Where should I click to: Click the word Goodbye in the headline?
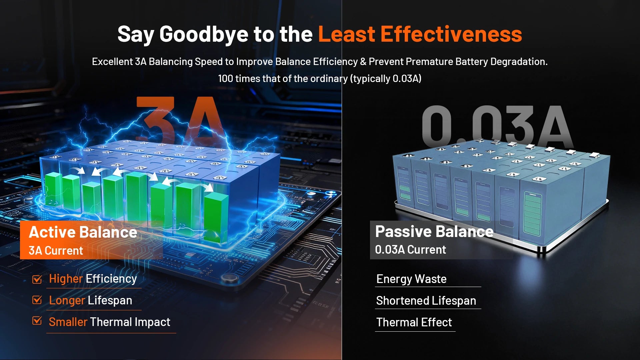tap(204, 35)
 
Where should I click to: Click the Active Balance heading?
tap(83, 232)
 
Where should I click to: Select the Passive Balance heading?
tap(434, 231)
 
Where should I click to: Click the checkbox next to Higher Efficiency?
tap(37, 279)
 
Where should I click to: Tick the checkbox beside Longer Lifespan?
tap(37, 300)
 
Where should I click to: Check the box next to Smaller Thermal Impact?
tap(37, 321)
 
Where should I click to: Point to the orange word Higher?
tap(66, 279)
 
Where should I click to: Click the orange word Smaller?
tap(68, 322)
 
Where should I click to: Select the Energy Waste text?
tap(411, 279)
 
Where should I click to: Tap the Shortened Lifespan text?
tap(426, 301)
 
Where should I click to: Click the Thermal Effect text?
tap(414, 322)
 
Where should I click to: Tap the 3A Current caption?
tap(56, 251)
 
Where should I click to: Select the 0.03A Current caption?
tap(410, 250)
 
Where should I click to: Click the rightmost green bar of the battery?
tap(216, 218)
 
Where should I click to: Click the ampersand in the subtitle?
tap(363, 62)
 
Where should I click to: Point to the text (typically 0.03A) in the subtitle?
tap(386, 79)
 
